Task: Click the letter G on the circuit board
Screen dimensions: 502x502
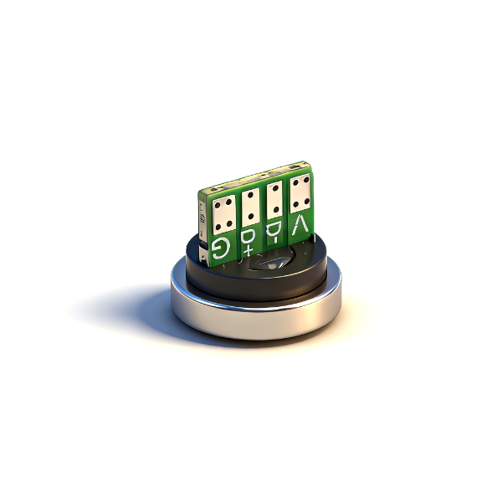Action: pyautogui.click(x=221, y=247)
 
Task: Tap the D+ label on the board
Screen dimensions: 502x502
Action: pyautogui.click(x=248, y=242)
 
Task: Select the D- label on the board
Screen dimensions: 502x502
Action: pyautogui.click(x=273, y=233)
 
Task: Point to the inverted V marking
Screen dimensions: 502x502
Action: pyautogui.click(x=300, y=225)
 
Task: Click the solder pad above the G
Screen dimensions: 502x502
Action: pyautogui.click(x=223, y=214)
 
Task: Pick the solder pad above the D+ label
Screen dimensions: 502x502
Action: pyautogui.click(x=251, y=207)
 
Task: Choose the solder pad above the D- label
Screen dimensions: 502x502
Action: pyautogui.click(x=275, y=200)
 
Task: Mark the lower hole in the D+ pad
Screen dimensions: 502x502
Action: pyautogui.click(x=251, y=217)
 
